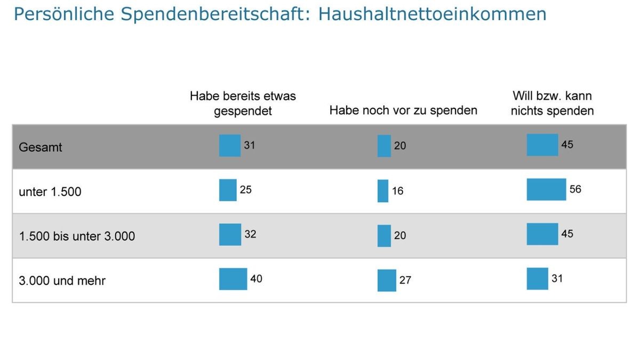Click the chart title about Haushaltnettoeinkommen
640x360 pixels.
[280, 14]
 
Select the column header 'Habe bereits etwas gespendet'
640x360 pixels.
[243, 103]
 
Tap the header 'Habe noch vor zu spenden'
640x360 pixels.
[403, 110]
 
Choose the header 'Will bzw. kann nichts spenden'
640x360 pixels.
[552, 103]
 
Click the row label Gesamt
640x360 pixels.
[41, 147]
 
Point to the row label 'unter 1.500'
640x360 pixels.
[50, 191]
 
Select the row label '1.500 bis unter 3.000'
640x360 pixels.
[77, 236]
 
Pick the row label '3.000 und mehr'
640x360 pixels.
[62, 280]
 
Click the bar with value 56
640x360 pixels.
[546, 189]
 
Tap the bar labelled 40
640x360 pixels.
[233, 279]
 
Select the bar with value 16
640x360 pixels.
[383, 191]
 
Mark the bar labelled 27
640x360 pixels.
[387, 281]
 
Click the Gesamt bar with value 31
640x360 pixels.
[230, 146]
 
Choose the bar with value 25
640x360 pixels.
[228, 190]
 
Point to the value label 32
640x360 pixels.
[250, 234]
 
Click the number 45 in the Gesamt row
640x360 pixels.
[567, 145]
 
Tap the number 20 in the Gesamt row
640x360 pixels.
[400, 146]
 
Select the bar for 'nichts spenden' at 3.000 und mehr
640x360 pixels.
[537, 278]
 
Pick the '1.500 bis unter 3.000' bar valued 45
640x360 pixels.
[542, 234]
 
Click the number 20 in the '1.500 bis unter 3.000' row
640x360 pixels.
[400, 235]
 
